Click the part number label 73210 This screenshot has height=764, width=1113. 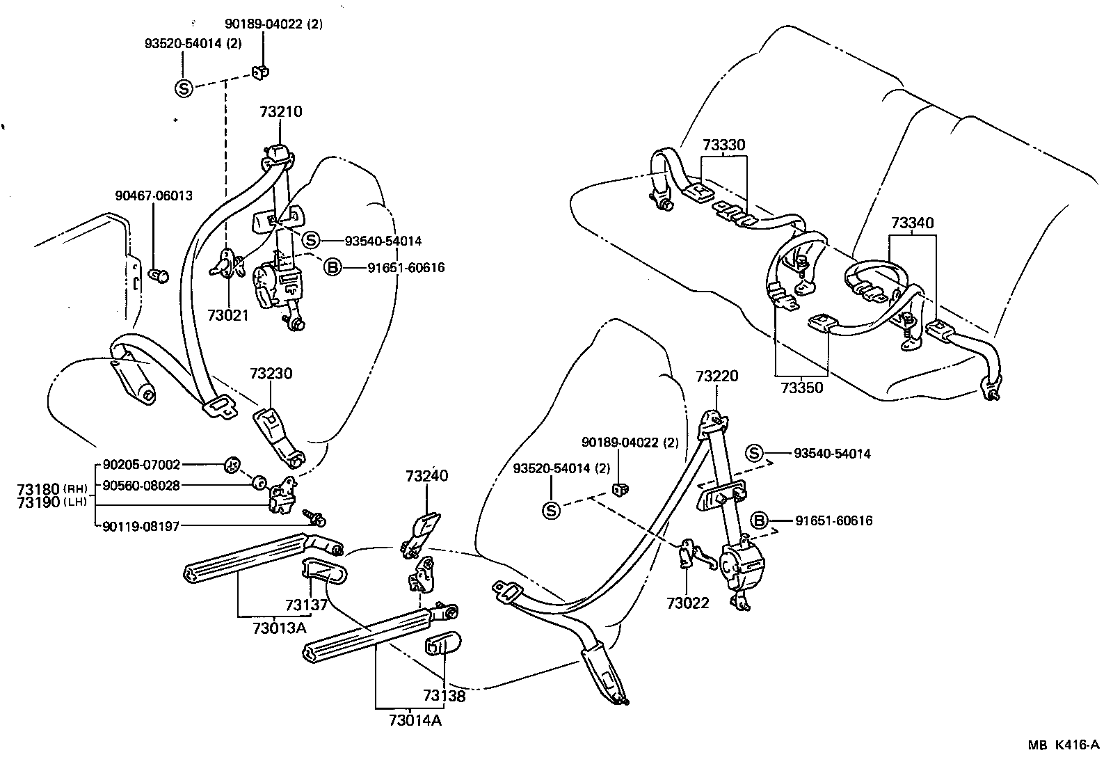281,112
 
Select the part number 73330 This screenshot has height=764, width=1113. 723,145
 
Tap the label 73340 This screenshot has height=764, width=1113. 913,223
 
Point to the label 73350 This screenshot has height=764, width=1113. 801,388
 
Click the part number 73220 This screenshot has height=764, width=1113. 716,376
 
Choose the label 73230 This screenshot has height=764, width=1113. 271,374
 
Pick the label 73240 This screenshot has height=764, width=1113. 427,476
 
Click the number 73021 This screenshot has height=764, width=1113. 227,315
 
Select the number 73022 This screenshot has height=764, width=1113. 687,603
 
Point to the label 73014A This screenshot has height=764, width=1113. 415,720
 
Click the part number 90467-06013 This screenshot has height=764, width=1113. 154,196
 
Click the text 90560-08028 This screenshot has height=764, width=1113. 141,485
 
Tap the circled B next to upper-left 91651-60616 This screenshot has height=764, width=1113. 333,267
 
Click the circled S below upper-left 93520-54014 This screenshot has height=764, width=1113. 184,88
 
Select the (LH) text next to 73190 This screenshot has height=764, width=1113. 73,502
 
